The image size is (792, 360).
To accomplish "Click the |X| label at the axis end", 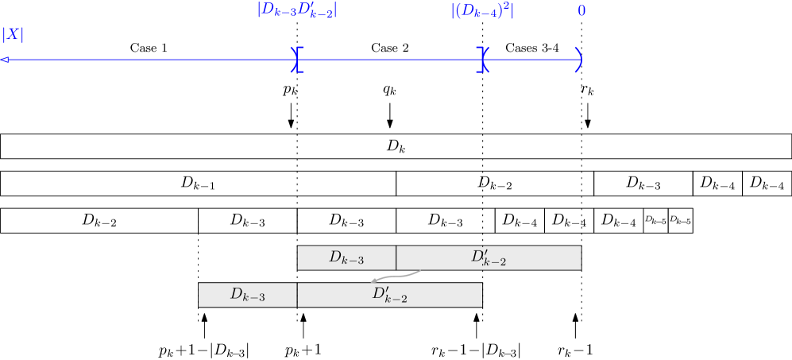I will [x=13, y=35].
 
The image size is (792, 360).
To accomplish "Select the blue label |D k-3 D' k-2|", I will [x=297, y=10].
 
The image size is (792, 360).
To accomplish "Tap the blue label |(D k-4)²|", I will [x=482, y=10].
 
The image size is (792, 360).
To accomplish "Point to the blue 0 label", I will [x=581, y=11].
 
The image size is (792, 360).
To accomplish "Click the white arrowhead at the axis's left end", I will [x=5, y=60].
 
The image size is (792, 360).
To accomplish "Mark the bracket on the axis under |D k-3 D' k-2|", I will [x=297, y=60].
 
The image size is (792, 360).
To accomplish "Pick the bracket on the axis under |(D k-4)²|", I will [x=482, y=60].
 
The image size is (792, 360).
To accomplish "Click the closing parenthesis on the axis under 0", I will [x=579, y=60].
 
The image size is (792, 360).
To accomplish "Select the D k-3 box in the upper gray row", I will [x=346, y=257].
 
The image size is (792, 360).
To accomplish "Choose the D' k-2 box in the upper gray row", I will [x=489, y=257].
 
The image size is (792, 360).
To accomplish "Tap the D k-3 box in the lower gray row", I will [x=247, y=295].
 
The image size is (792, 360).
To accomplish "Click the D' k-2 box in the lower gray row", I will [x=389, y=295].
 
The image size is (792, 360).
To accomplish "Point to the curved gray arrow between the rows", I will [x=395, y=276].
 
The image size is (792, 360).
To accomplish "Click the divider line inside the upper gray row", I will [x=396, y=257].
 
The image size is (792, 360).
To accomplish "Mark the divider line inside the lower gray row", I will [x=297, y=295].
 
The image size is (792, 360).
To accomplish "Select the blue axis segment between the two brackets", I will [x=389, y=60].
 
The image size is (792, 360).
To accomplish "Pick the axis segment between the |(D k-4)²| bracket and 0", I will [x=531, y=60].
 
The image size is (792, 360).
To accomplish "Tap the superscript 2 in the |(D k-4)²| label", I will [x=505, y=6].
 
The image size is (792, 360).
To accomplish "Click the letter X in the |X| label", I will [x=13, y=35].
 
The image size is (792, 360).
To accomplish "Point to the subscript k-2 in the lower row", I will [x=396, y=300].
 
